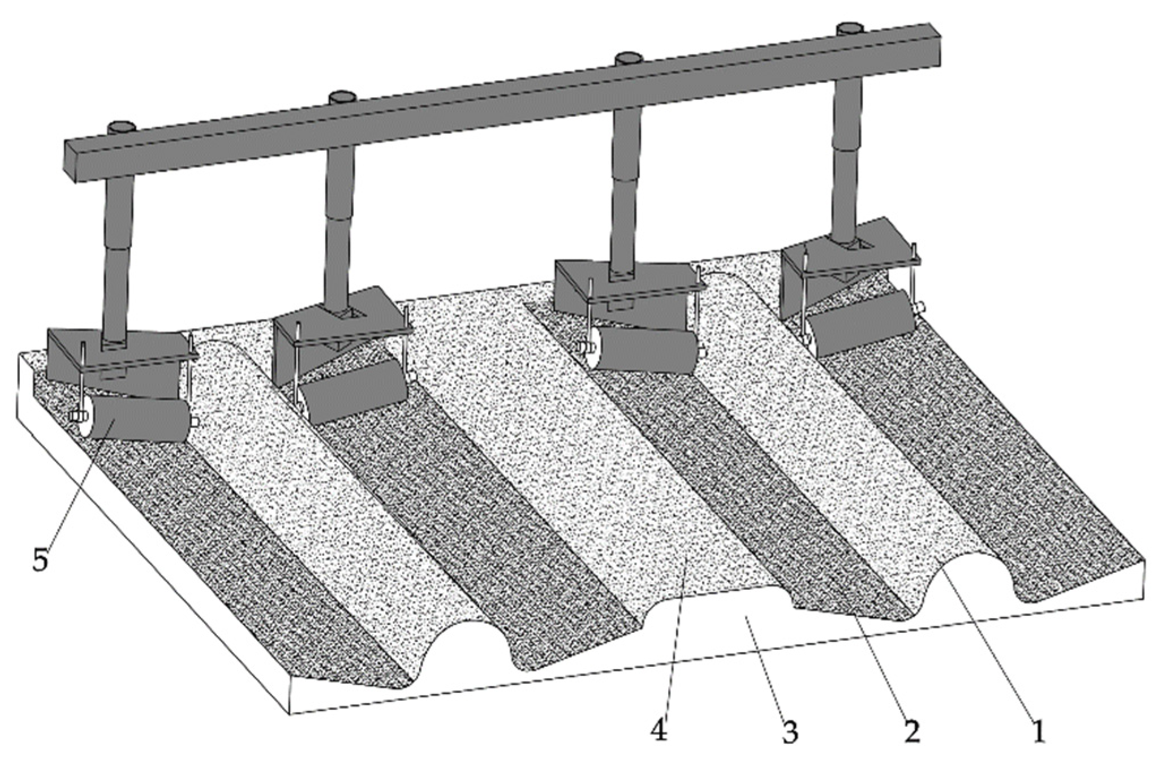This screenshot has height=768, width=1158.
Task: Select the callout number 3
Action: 789,733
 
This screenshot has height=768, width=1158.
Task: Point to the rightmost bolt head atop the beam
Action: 851,28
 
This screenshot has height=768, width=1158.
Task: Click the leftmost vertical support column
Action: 119,261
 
